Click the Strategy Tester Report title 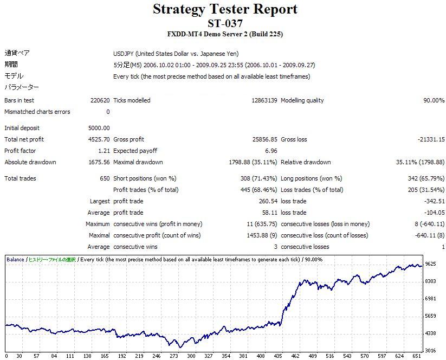pos(225,9)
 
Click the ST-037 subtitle pos(225,23)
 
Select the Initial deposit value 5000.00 pos(99,128)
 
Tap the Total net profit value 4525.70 pos(99,139)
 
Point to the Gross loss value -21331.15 pos(430,139)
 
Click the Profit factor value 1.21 pos(103,151)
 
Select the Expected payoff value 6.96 pos(271,151)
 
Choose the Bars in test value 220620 pos(100,100)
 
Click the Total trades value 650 pos(105,178)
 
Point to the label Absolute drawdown pos(30,162)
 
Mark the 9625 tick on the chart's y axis pos(431,264)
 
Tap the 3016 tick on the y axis pos(431,350)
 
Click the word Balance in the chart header pos(15,259)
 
